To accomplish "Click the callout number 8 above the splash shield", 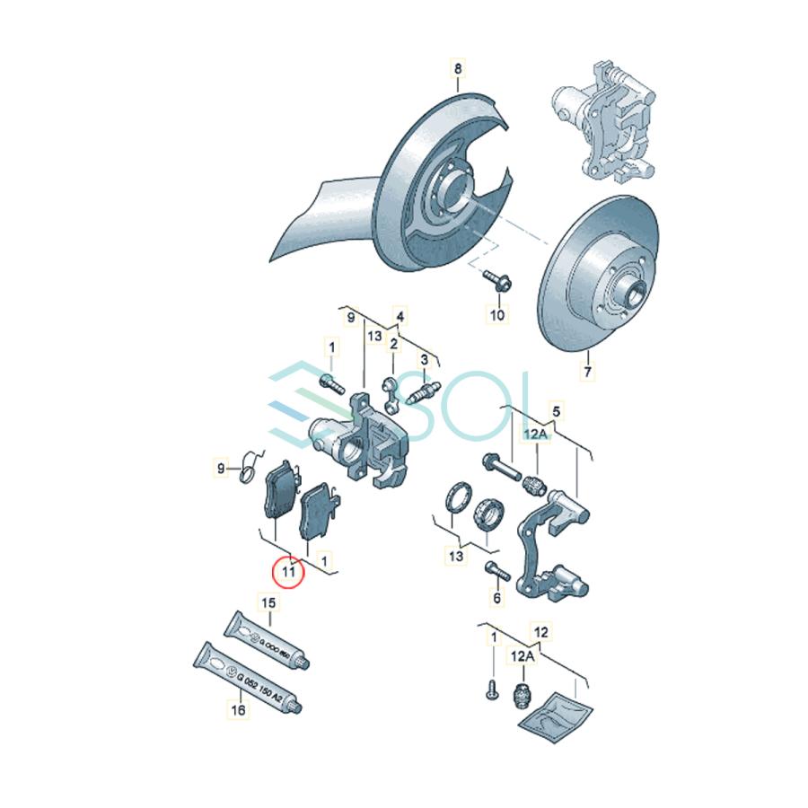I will point(457,68).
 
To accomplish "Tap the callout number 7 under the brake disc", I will point(587,370).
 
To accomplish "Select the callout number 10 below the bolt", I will point(496,314).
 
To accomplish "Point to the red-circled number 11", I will point(289,569).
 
